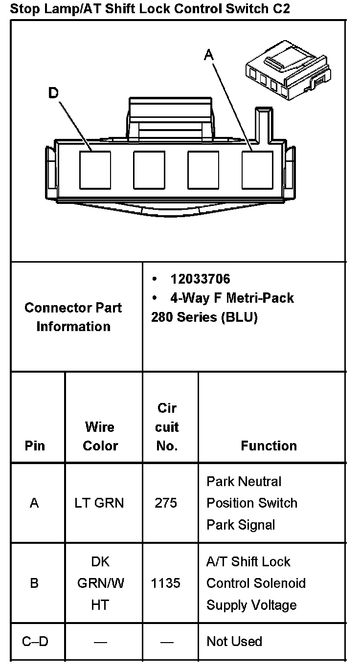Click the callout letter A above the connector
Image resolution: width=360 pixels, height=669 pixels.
(x=209, y=56)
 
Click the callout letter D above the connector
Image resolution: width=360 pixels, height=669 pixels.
(x=53, y=93)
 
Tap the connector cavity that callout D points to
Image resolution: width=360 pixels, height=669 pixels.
(x=95, y=170)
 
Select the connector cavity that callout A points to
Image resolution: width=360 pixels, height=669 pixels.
(x=257, y=170)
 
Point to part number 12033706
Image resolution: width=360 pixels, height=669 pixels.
(x=200, y=279)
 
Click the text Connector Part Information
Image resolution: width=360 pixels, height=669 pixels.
(x=73, y=317)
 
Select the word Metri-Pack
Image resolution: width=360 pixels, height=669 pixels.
(x=264, y=298)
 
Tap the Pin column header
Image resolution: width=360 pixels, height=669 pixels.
(x=34, y=446)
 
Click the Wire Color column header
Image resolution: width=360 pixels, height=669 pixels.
(x=100, y=436)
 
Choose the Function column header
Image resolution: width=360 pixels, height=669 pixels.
(x=269, y=446)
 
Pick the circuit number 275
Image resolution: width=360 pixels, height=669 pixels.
(x=166, y=503)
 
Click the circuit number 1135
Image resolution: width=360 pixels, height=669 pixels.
(x=166, y=583)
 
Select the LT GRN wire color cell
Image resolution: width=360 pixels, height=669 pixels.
(x=99, y=503)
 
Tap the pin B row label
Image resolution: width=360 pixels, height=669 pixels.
(x=34, y=583)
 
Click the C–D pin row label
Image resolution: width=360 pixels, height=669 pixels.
(x=35, y=641)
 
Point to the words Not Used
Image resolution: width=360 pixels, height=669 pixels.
(x=234, y=641)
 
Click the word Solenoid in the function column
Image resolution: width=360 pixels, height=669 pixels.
(x=284, y=583)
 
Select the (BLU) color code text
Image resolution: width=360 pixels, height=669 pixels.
(x=239, y=317)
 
